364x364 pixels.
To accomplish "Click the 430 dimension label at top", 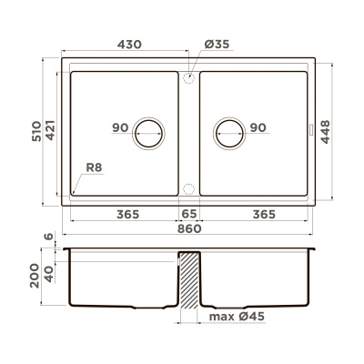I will tap(127, 43).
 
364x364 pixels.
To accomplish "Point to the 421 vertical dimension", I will tap(53, 136).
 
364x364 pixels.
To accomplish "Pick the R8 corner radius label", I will tap(93, 167).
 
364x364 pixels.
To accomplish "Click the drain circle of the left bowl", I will tap(148, 133).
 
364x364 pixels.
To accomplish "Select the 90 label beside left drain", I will tap(120, 128).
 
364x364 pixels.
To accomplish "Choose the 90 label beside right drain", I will tap(258, 128).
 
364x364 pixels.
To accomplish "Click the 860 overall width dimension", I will tap(188, 228).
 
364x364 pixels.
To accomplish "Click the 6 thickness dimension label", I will tap(51, 238).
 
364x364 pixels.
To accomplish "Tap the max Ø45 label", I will tap(237, 317).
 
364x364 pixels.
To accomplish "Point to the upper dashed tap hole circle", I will tap(188, 79).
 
